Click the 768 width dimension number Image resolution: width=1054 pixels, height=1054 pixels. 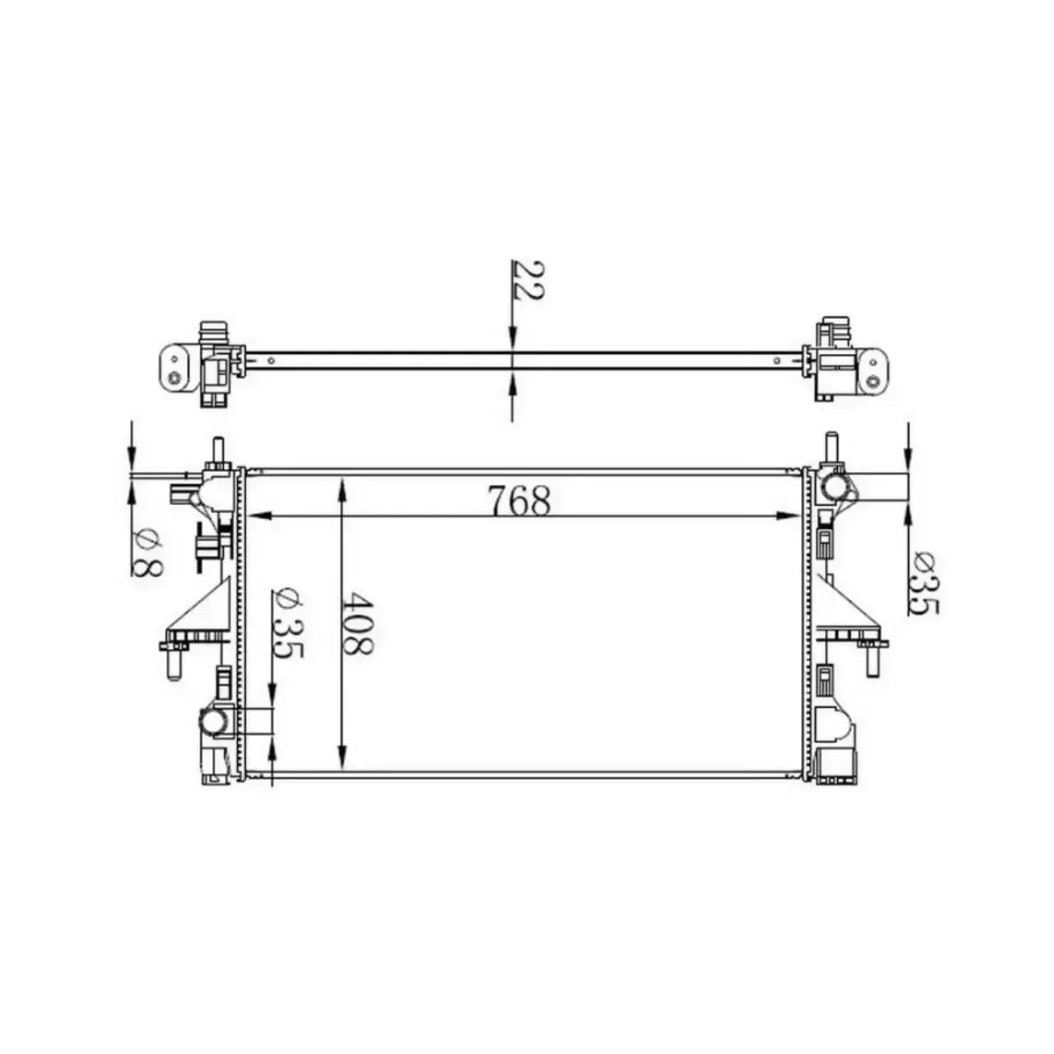(x=519, y=502)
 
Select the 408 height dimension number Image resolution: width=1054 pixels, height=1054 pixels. (x=357, y=624)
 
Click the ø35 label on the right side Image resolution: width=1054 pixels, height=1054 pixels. (x=924, y=582)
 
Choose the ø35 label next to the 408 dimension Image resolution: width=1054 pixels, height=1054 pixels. (x=288, y=624)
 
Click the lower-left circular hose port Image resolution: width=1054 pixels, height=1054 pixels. (x=213, y=722)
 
